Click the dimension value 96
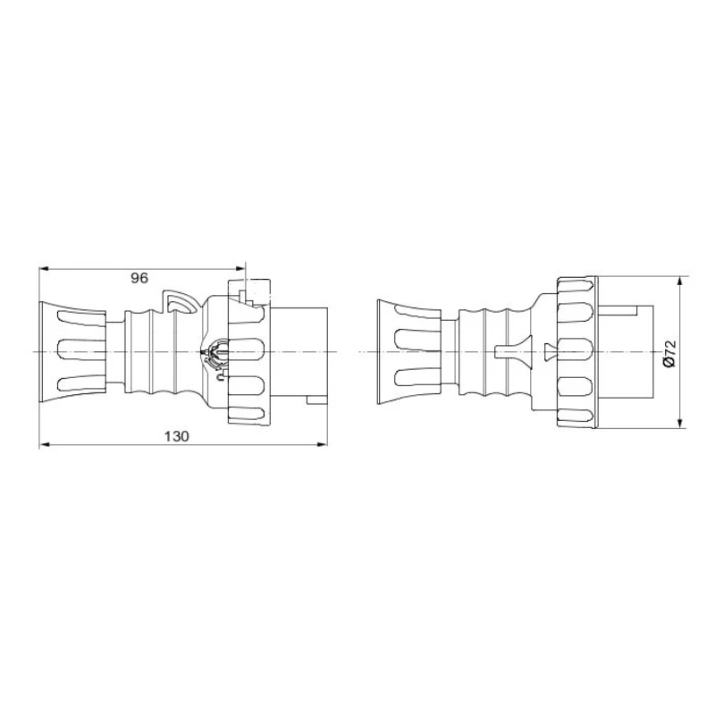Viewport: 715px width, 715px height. [x=139, y=278]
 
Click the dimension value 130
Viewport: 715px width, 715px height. [x=178, y=435]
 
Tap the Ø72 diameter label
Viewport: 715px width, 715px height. [x=669, y=352]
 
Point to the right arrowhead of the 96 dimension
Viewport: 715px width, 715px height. [x=240, y=267]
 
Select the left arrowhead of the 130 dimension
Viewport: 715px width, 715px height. [x=45, y=444]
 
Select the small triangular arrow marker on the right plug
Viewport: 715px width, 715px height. [x=547, y=351]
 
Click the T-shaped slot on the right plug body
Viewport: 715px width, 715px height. [x=510, y=352]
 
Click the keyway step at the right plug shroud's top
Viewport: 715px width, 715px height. [x=626, y=310]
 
